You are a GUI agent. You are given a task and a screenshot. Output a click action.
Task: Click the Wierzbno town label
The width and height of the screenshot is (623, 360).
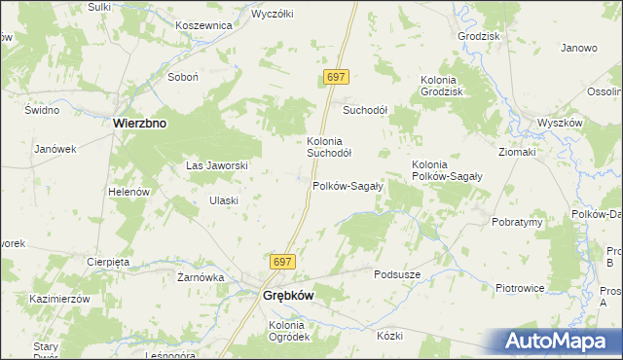pyautogui.click(x=141, y=124)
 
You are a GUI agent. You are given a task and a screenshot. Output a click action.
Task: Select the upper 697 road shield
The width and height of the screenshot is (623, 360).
pyautogui.click(x=336, y=76)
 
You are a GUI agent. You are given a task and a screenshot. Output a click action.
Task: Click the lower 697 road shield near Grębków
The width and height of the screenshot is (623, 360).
pyautogui.click(x=281, y=262)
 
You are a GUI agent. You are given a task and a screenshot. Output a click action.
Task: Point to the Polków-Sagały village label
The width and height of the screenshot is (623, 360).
pyautogui.click(x=348, y=185)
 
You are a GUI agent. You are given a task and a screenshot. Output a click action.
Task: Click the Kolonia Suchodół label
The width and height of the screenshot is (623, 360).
pyautogui.click(x=329, y=146)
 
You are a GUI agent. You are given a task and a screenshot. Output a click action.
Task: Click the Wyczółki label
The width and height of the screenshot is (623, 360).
pyautogui.click(x=274, y=15)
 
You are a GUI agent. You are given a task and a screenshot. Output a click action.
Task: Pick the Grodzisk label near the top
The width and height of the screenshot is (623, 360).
pyautogui.click(x=478, y=36)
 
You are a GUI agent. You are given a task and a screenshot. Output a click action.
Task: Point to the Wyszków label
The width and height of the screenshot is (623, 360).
pyautogui.click(x=560, y=124)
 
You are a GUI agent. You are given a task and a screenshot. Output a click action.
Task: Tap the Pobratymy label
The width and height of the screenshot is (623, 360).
pyautogui.click(x=517, y=222)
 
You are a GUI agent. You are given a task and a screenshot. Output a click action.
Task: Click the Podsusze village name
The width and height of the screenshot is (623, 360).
pyautogui.click(x=397, y=274)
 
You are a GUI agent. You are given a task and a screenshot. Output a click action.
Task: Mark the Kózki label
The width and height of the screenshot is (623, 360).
pyautogui.click(x=389, y=335)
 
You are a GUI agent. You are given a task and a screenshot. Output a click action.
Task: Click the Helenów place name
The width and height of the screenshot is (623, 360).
pyautogui.click(x=128, y=192)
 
